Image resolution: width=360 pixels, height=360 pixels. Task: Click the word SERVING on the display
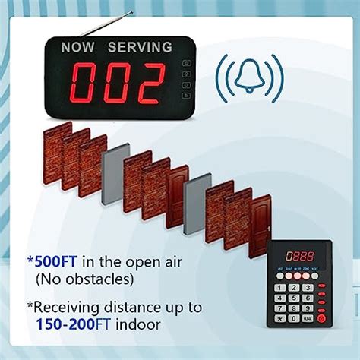click(140, 48)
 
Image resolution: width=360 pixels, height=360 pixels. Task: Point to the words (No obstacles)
click(84, 279)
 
